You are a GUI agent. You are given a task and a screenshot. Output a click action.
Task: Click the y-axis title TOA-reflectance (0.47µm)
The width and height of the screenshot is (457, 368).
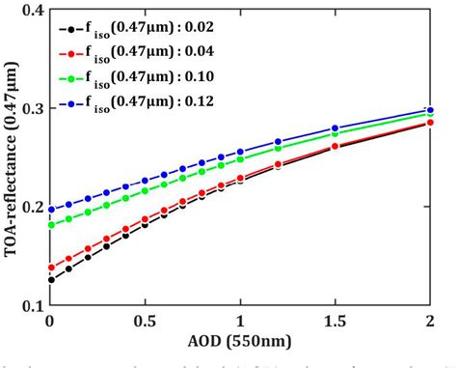click(13, 157)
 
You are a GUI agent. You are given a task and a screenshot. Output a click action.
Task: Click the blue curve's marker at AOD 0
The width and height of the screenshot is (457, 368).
click(50, 210)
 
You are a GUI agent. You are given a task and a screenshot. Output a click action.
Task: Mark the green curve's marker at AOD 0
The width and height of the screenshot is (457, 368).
click(50, 225)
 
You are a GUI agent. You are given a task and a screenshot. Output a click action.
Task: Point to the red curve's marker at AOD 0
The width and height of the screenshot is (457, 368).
click(50, 268)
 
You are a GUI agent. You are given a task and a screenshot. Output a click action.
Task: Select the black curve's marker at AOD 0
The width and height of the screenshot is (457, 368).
click(50, 279)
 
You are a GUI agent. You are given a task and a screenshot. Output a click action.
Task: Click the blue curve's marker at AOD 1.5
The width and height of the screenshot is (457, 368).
click(336, 128)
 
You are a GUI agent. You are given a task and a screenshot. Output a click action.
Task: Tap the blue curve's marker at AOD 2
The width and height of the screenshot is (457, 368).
click(430, 110)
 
